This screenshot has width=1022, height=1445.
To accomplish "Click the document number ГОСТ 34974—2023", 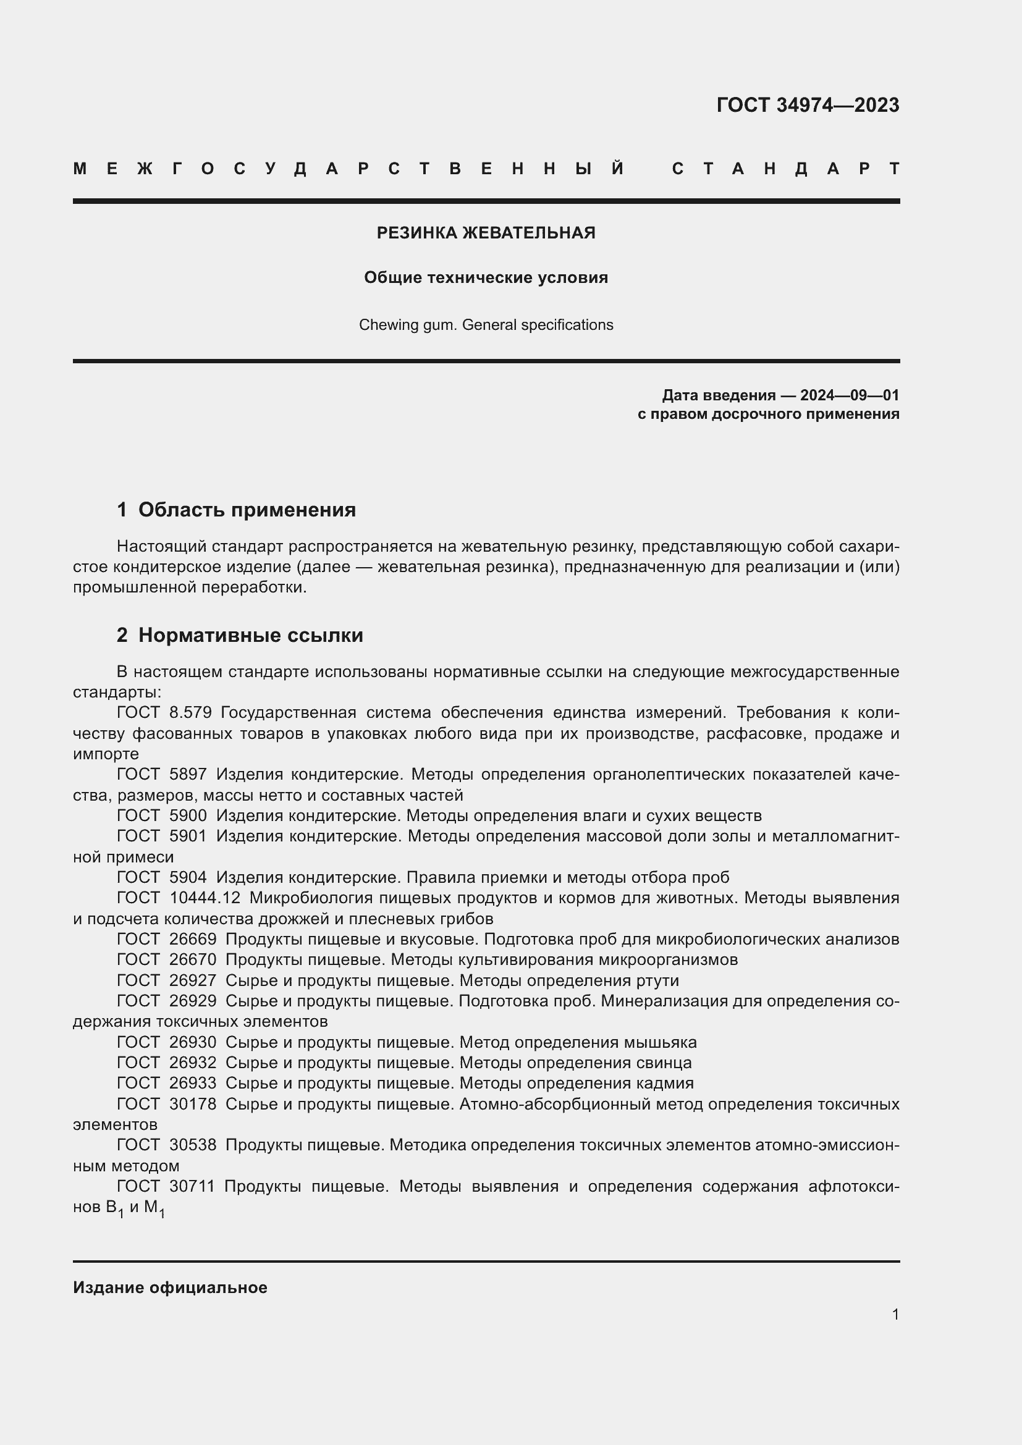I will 808,105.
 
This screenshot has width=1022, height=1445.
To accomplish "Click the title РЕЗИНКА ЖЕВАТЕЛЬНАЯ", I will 486,233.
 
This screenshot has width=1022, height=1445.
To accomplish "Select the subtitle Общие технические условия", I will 486,277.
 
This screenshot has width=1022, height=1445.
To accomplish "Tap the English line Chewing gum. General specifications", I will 486,325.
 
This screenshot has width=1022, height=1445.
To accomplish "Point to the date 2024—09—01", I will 849,395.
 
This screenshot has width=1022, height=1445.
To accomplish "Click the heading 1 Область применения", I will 237,509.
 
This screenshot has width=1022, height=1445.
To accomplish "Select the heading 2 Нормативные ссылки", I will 240,635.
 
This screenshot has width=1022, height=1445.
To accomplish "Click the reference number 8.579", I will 190,712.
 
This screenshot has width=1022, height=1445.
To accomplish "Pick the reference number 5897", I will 188,774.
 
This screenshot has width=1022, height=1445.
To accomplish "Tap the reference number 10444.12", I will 205,898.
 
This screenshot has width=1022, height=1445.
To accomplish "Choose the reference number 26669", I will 193,939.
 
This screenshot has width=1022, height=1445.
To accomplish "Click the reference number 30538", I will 193,1145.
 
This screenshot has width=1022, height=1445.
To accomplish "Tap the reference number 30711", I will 192,1186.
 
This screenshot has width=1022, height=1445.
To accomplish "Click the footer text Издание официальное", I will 170,1287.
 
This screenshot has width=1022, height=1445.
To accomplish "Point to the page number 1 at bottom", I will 895,1314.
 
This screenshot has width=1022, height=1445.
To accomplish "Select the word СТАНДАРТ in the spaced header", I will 785,169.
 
